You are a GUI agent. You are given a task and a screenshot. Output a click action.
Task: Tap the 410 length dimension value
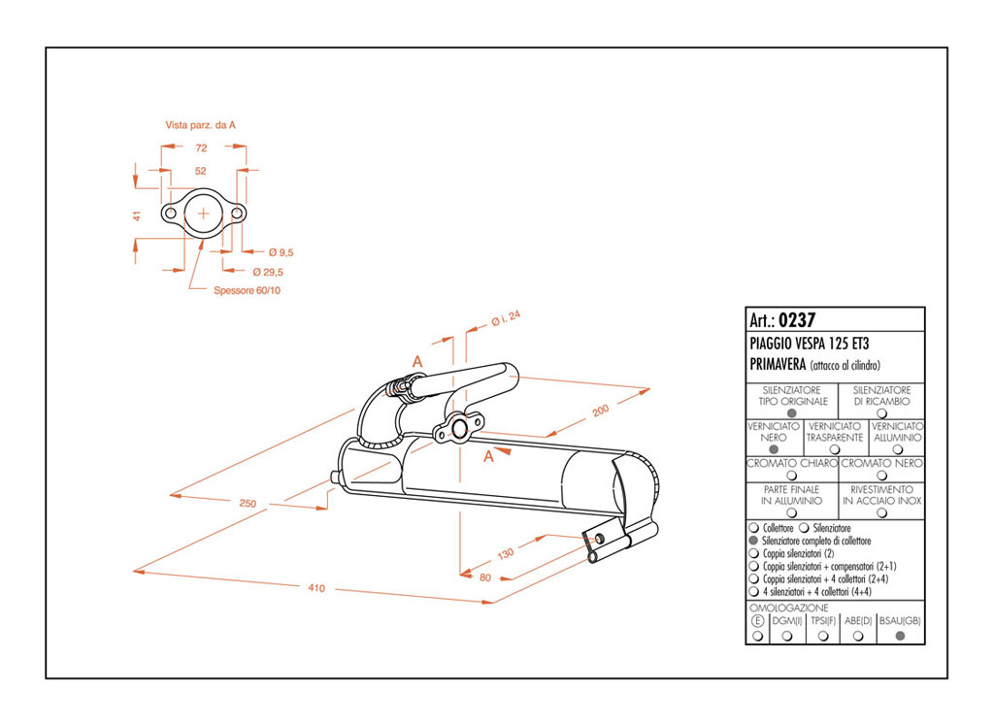pyautogui.click(x=316, y=588)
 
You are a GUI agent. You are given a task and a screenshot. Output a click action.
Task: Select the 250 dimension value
pyautogui.click(x=248, y=503)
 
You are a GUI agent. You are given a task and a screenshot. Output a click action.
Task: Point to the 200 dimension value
pyautogui.click(x=602, y=412)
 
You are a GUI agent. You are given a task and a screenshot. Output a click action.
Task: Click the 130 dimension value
pyautogui.click(x=506, y=554)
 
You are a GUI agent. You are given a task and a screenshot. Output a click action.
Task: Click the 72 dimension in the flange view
pyautogui.click(x=202, y=148)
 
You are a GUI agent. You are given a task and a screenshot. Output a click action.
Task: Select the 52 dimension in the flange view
pyautogui.click(x=202, y=170)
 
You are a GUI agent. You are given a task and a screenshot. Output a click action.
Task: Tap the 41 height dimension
pyautogui.click(x=138, y=214)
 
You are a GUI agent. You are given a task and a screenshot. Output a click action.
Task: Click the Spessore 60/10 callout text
pyautogui.click(x=247, y=290)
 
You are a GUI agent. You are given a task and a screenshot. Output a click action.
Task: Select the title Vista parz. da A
pyautogui.click(x=201, y=124)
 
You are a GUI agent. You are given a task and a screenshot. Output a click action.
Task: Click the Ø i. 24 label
pyautogui.click(x=506, y=317)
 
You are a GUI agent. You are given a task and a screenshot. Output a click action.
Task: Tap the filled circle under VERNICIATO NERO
pyautogui.click(x=774, y=449)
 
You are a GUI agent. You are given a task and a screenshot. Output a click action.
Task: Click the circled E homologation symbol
pyautogui.click(x=757, y=620)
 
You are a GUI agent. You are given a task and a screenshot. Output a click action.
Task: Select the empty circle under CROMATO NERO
pyautogui.click(x=881, y=476)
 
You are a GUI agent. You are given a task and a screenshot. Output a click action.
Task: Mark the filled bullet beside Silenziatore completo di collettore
pyautogui.click(x=754, y=541)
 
